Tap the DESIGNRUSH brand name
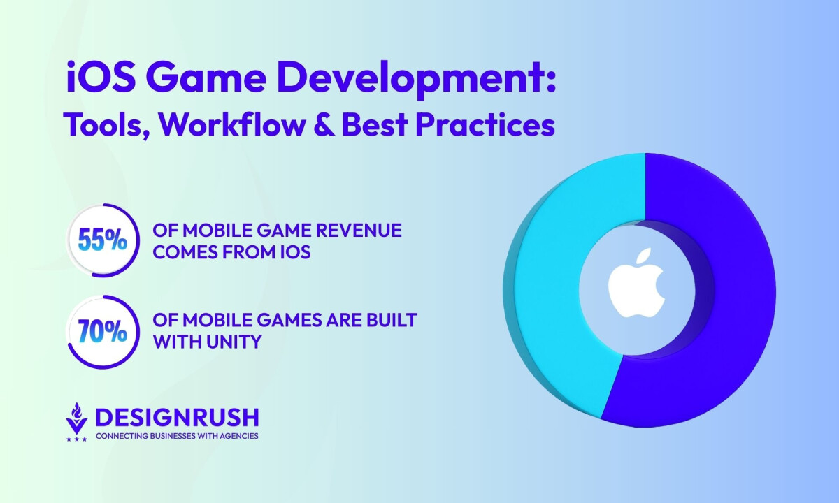[x=177, y=418]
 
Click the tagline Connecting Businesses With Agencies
[x=177, y=436]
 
